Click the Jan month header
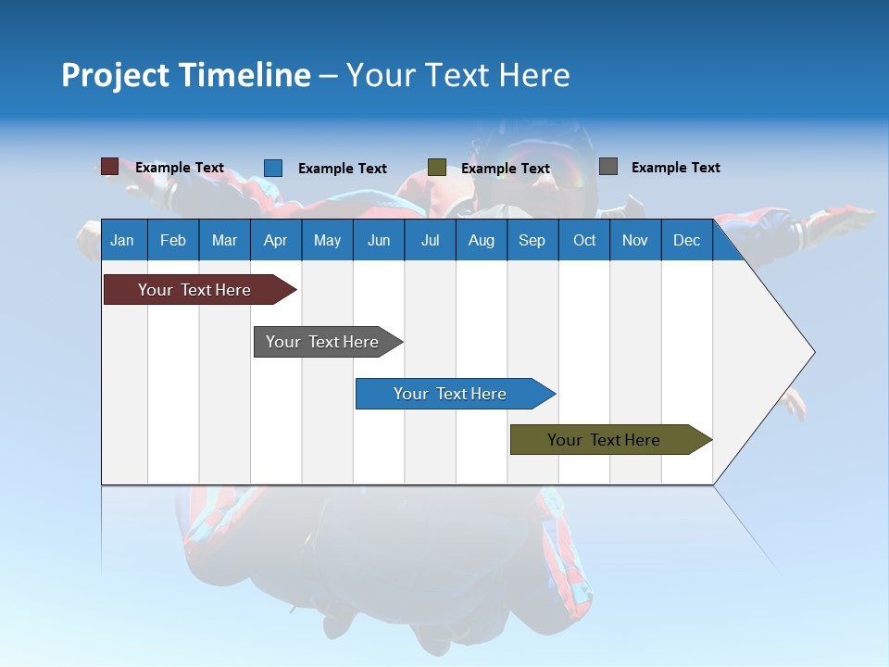tap(122, 240)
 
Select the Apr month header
tap(275, 240)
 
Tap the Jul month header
tap(430, 240)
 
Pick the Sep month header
tap(532, 240)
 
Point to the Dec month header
tap(686, 240)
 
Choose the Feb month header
tap(173, 240)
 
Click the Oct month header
tap(584, 240)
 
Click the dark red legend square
tap(109, 167)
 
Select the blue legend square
tap(273, 168)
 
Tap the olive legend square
tap(437, 168)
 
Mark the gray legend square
tap(608, 167)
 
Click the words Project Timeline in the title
tap(186, 75)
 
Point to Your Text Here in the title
tap(458, 75)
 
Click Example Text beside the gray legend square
tap(675, 168)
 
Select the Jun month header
tap(379, 240)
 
